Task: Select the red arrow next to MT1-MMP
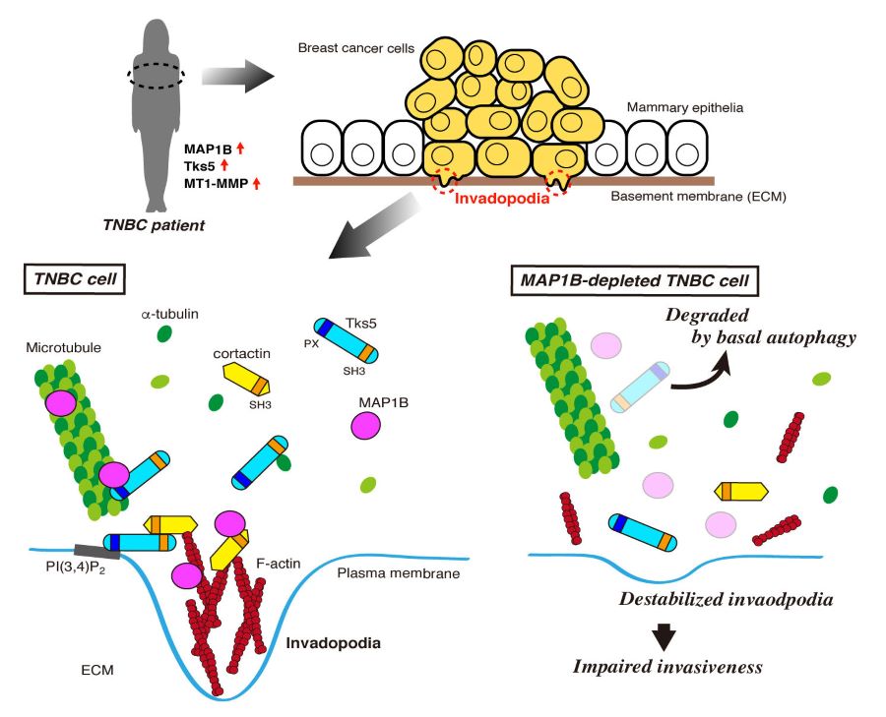(x=258, y=183)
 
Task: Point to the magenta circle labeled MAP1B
(x=366, y=425)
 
